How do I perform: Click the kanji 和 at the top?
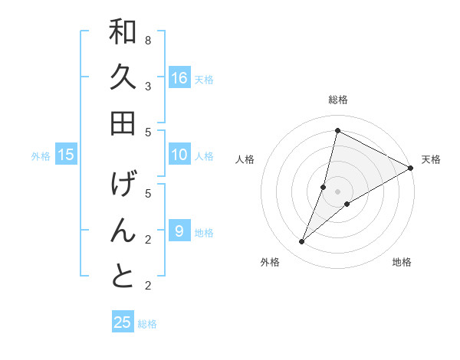(123, 32)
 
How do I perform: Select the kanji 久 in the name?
(123, 77)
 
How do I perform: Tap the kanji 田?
(123, 123)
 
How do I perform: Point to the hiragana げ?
(123, 185)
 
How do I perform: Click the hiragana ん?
(123, 231)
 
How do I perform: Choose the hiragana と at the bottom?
(123, 276)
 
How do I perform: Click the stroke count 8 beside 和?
(148, 40)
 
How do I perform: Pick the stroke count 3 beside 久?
(148, 86)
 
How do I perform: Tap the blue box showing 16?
(179, 77)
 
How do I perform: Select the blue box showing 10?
(179, 155)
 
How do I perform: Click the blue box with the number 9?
(179, 231)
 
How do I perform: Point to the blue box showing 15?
(66, 155)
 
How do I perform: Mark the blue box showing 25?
(123, 322)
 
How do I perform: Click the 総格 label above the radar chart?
(337, 100)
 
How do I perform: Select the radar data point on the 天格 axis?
(410, 169)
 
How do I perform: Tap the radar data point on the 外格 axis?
(301, 242)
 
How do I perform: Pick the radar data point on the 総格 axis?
(337, 131)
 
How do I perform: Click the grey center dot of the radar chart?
(337, 191)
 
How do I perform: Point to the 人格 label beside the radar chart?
(245, 159)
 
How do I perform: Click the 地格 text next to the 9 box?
(204, 232)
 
